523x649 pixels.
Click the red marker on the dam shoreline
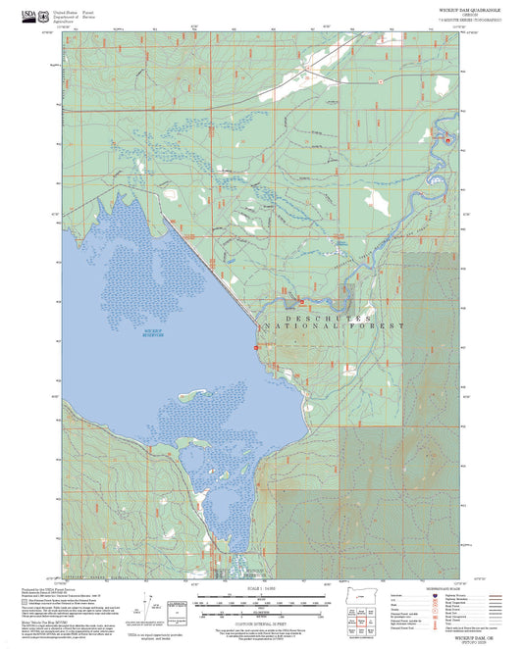(x=256, y=346)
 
